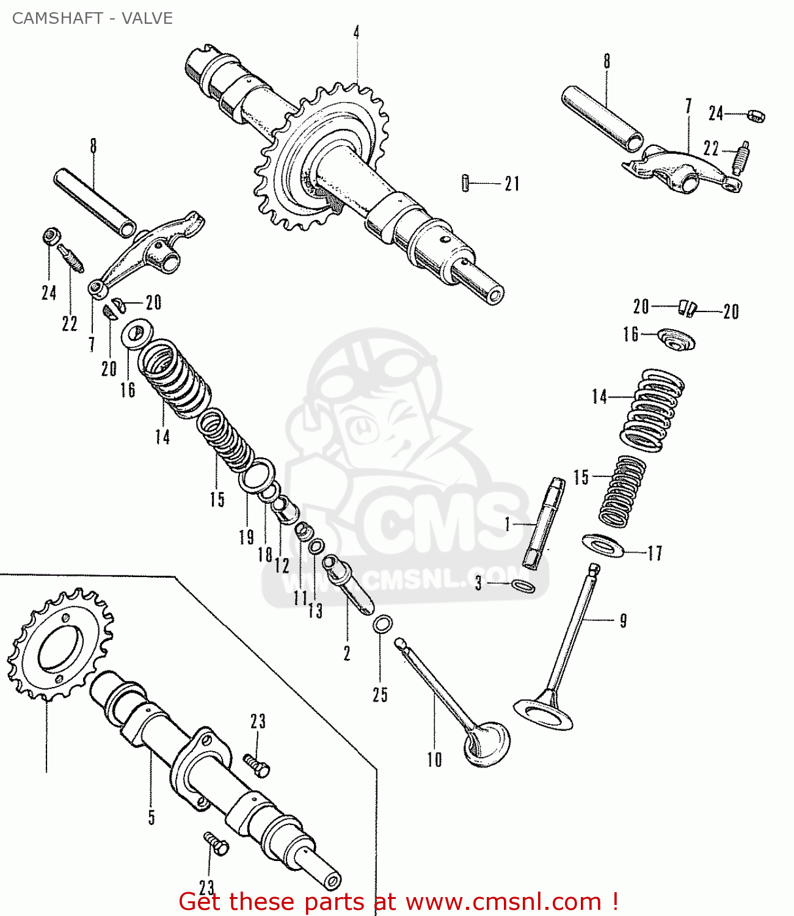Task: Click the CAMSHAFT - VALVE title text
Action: (92, 18)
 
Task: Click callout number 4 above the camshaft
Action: (356, 32)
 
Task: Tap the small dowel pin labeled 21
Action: (466, 183)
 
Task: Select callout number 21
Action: (512, 183)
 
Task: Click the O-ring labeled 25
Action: (382, 624)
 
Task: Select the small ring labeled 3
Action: (523, 586)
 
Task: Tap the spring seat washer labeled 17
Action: (603, 545)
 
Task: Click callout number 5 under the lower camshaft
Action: (151, 817)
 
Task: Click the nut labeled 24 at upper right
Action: (756, 115)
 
